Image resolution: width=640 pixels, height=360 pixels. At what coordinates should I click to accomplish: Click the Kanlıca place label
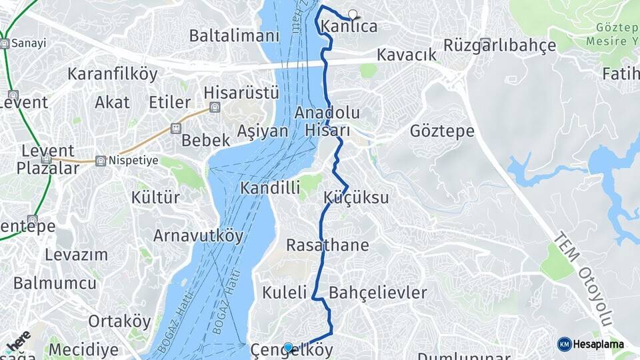(x=349, y=27)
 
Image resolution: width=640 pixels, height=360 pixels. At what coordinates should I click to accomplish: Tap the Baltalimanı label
(x=233, y=36)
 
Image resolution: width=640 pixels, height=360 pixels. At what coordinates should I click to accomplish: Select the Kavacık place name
(x=406, y=55)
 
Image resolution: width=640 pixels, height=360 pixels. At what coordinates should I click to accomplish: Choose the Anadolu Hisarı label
(x=327, y=121)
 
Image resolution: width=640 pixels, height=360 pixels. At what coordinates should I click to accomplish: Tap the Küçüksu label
(x=357, y=198)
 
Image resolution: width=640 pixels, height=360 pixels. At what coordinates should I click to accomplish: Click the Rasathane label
(x=327, y=245)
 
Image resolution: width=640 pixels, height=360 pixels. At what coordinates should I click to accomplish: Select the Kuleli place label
(x=285, y=292)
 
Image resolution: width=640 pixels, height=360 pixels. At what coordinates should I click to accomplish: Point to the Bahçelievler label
(x=378, y=293)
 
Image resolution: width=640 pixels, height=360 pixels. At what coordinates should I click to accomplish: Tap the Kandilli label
(x=270, y=188)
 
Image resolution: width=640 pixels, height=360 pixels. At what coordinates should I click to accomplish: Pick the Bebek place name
(x=206, y=141)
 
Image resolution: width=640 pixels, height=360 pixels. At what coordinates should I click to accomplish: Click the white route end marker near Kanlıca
(x=353, y=13)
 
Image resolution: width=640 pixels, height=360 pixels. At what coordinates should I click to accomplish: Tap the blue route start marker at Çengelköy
(x=288, y=347)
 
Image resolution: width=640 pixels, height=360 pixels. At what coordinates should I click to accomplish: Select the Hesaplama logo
(x=591, y=344)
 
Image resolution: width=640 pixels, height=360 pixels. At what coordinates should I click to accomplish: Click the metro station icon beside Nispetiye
(x=100, y=161)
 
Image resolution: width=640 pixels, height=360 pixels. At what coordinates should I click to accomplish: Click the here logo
(x=19, y=341)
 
